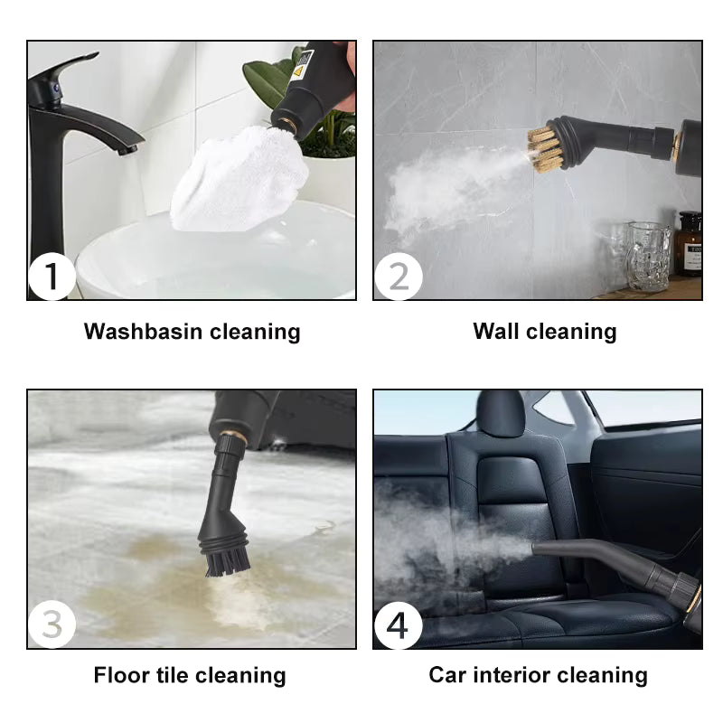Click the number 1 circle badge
52,277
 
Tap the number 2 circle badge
398,277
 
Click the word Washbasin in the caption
143,332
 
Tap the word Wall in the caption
496,332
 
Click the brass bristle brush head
545,148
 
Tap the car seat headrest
500,413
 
